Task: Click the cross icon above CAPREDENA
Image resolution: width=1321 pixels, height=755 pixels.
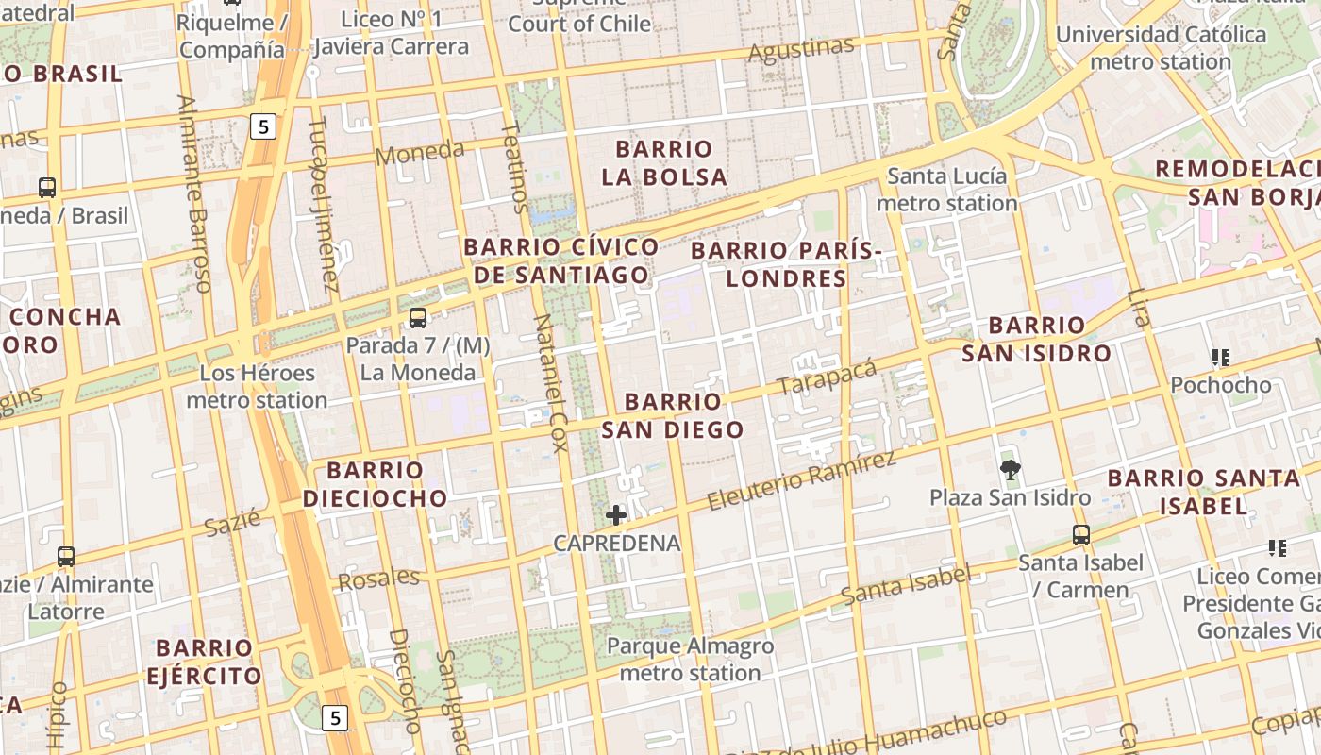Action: [x=616, y=515]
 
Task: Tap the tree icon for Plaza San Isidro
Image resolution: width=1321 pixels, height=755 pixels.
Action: [x=1010, y=469]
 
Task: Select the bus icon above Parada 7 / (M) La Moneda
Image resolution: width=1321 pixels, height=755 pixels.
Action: [x=418, y=318]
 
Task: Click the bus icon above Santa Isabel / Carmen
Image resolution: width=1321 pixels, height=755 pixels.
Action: [x=1081, y=535]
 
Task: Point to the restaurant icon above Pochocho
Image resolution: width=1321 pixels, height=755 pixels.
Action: [x=1221, y=358]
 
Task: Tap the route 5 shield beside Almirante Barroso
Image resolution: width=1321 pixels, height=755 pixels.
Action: [x=262, y=126]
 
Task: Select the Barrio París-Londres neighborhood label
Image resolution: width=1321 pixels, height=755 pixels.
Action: [x=786, y=264]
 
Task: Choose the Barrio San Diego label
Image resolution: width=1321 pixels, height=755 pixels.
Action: [x=673, y=415]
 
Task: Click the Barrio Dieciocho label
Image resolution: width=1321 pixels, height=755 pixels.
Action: [x=375, y=483]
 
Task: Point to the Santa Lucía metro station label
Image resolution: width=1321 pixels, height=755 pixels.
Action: [x=947, y=189]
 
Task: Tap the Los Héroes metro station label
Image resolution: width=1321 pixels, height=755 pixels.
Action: [x=257, y=386]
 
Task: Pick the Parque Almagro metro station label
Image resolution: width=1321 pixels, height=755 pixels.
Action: [x=690, y=660]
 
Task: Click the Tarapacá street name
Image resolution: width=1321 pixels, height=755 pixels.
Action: [x=827, y=377]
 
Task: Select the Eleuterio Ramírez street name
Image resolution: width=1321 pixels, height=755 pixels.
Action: [x=800, y=481]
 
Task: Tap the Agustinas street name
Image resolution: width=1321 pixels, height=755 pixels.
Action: [x=800, y=49]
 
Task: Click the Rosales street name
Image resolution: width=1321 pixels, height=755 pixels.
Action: [x=378, y=579]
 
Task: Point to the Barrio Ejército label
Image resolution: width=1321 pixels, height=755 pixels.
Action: [x=204, y=662]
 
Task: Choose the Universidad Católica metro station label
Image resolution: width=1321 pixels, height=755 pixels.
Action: [x=1161, y=47]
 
